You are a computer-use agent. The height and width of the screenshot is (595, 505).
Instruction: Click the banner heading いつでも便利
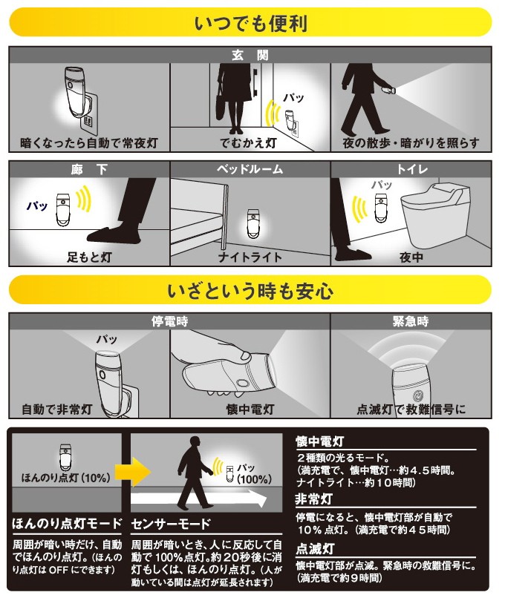point(250,23)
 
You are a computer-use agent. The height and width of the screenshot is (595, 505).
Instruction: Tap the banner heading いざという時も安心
point(250,291)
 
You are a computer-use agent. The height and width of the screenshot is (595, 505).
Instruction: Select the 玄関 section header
point(250,56)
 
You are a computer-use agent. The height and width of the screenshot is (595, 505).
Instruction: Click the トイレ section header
point(412,169)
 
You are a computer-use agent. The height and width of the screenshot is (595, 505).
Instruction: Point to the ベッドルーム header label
point(250,169)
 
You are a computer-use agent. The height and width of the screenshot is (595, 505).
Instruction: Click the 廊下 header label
point(89,169)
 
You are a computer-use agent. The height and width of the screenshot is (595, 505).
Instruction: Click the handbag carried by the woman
point(224,102)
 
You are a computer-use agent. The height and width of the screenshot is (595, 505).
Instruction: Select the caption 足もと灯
point(89,257)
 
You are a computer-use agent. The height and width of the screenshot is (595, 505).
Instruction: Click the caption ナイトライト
point(250,257)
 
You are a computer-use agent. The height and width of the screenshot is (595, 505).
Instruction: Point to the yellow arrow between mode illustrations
point(134,472)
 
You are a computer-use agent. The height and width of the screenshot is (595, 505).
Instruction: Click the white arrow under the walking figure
point(198,498)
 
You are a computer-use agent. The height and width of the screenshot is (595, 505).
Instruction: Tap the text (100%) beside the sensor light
point(254,479)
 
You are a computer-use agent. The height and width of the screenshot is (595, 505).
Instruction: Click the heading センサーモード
point(171,524)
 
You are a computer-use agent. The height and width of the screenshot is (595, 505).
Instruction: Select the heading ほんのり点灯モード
point(68,524)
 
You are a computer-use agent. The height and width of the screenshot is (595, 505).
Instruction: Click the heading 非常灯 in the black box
point(314,499)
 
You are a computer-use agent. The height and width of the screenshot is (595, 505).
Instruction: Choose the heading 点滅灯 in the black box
point(315,549)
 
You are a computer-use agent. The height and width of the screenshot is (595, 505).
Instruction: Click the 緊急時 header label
point(411,321)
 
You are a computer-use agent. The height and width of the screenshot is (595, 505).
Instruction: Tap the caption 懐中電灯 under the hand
point(250,410)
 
